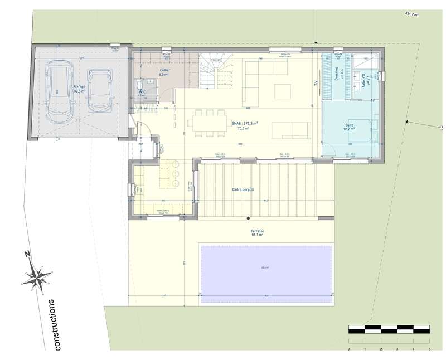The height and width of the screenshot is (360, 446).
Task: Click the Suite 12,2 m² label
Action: [350, 127]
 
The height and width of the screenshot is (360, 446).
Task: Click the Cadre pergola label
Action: [243, 189]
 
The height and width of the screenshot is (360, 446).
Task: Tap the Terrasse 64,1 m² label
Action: [257, 233]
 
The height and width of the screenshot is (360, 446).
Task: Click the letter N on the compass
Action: [27, 254]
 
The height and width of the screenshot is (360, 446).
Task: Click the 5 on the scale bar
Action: [429, 349]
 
